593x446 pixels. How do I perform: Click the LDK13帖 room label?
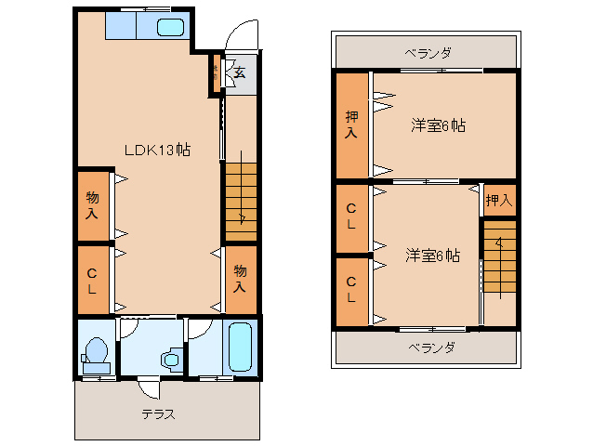tap(158, 149)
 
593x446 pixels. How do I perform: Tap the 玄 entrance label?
tap(239, 72)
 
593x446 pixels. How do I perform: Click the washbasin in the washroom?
tap(170, 359)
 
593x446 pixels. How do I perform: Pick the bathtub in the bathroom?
tap(241, 348)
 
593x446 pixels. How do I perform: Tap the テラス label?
tap(158, 414)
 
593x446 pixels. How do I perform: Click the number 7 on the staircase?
tap(242, 219)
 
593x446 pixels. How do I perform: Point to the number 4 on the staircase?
tap(499, 243)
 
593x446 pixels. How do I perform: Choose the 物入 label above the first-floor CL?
tap(93, 205)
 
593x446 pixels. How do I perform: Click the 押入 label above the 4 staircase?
tap(499, 200)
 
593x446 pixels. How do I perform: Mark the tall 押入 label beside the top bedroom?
tap(351, 125)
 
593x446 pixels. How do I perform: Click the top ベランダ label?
tap(428, 53)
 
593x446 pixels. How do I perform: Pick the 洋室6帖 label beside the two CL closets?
tap(432, 254)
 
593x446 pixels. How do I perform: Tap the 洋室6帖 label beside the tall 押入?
tap(437, 125)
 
